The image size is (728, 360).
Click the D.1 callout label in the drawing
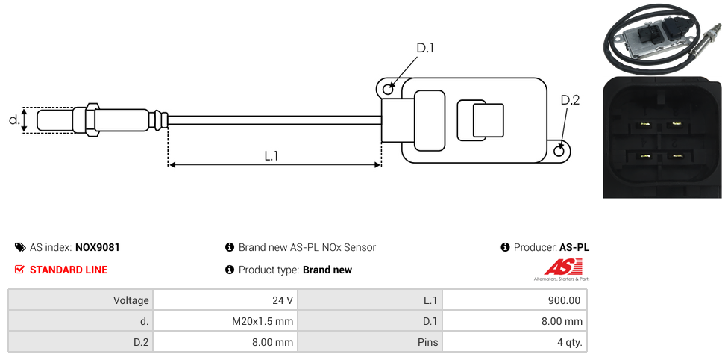(x=425, y=49)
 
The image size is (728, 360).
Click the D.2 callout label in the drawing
(x=570, y=101)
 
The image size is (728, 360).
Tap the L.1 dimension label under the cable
(x=272, y=155)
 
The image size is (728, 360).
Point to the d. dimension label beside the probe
(x=13, y=120)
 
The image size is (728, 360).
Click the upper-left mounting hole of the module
(x=388, y=90)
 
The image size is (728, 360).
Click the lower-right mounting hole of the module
(x=560, y=152)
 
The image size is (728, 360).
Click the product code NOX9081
(x=98, y=247)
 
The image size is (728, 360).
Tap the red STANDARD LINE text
(x=69, y=270)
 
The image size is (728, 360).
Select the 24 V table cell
(x=225, y=300)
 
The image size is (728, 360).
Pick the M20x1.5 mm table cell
(x=225, y=321)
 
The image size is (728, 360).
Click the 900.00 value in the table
(x=515, y=300)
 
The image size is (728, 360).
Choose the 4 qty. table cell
(x=515, y=342)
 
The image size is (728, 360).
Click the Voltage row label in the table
(x=81, y=300)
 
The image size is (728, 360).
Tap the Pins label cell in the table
(x=370, y=342)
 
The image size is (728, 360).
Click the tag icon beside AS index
(x=20, y=247)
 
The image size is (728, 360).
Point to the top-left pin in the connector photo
(x=644, y=124)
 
